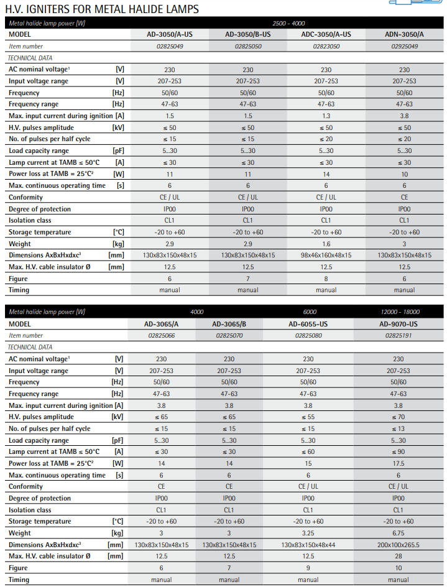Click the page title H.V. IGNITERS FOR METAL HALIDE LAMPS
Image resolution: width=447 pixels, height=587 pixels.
pos(102,9)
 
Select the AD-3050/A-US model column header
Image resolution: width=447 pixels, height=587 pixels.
pos(170,34)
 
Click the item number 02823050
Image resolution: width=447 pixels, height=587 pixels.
pos(326,46)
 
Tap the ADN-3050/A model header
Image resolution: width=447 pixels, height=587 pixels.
pos(404,34)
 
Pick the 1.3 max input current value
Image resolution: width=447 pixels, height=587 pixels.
pos(326,116)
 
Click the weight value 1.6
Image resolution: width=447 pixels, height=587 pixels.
pos(326,244)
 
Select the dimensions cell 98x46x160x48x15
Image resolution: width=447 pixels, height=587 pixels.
pos(326,255)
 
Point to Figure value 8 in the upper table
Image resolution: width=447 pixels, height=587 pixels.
pos(326,279)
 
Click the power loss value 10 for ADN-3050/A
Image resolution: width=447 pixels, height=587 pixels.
pos(404,174)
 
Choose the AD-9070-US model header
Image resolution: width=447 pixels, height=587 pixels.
pos(398,324)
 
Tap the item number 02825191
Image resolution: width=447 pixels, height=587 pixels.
pos(398,336)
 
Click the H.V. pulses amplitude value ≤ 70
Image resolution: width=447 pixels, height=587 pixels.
pos(398,417)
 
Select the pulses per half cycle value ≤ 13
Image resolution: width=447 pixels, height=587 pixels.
pos(398,428)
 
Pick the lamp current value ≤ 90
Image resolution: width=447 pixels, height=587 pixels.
pos(398,452)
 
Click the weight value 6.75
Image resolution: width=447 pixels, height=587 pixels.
pos(398,533)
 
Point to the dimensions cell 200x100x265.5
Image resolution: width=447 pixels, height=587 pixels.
pos(398,545)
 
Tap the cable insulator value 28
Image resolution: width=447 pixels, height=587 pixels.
pos(398,556)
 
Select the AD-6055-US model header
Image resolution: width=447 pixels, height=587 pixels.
pos(308,324)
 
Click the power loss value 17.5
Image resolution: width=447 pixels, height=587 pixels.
pos(398,463)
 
